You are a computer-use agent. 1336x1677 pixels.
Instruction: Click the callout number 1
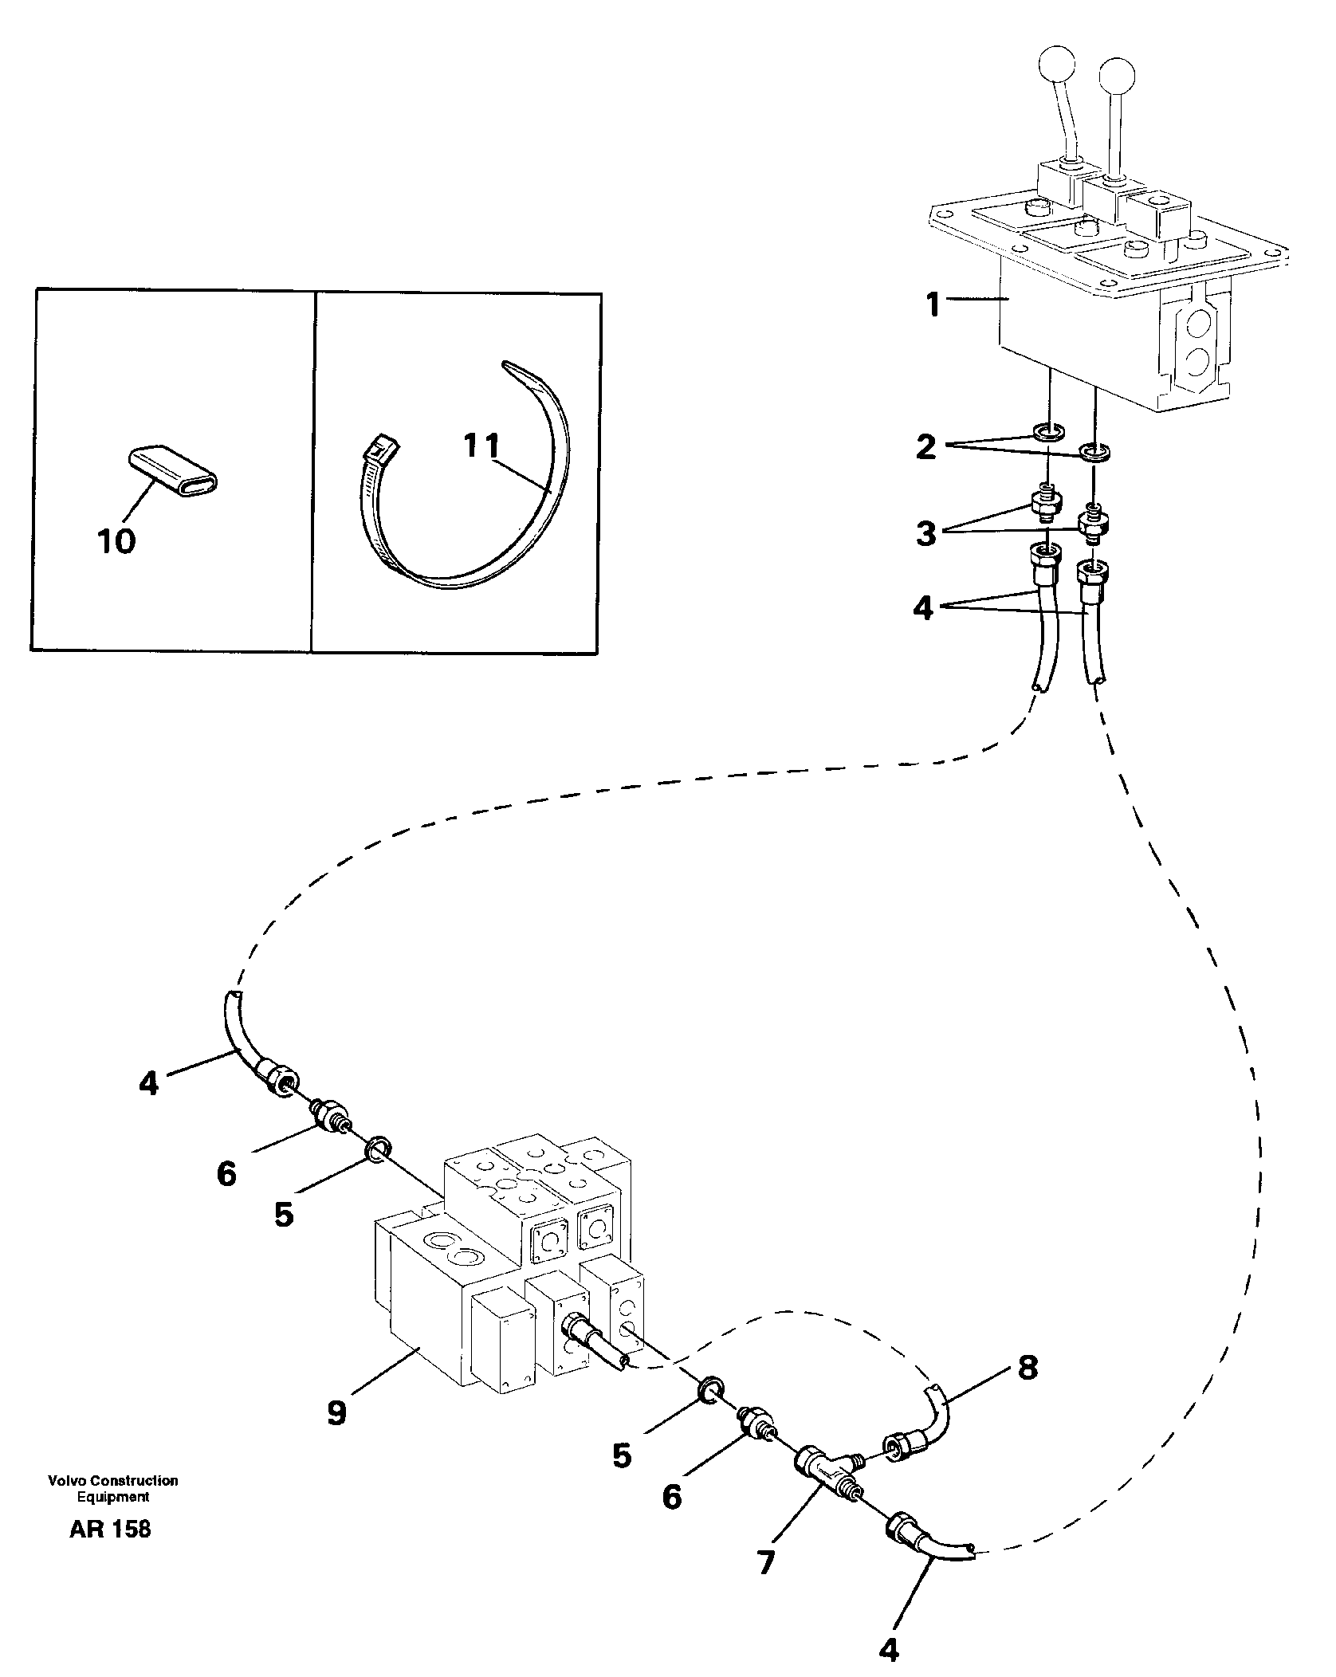pyautogui.click(x=933, y=304)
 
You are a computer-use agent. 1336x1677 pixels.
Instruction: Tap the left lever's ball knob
pyautogui.click(x=1058, y=65)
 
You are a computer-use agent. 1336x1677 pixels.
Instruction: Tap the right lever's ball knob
pyautogui.click(x=1116, y=76)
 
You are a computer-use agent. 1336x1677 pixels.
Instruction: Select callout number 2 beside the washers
pyautogui.click(x=925, y=447)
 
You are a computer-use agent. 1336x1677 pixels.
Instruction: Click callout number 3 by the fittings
pyautogui.click(x=925, y=533)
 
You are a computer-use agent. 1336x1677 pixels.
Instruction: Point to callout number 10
pyautogui.click(x=116, y=542)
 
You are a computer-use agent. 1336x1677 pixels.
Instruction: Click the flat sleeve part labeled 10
pyautogui.click(x=173, y=467)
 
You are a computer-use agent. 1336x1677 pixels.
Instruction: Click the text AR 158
pyautogui.click(x=110, y=1552)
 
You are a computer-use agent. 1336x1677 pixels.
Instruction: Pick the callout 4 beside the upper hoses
pyautogui.click(x=922, y=608)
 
